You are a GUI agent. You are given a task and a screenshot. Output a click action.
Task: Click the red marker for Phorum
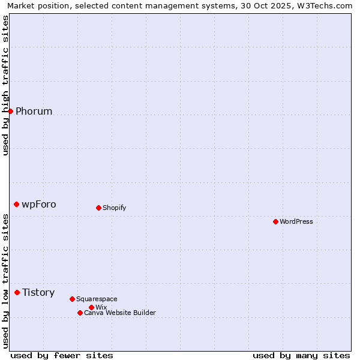point(10,111)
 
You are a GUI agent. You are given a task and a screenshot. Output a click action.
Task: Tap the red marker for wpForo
point(16,204)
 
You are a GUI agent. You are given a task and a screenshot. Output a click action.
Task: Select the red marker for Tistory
point(17,292)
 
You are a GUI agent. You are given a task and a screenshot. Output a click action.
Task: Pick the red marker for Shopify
point(98,208)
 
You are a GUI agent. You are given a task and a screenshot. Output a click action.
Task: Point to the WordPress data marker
point(275,221)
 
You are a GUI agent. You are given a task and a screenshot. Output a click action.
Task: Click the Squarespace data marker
point(72,299)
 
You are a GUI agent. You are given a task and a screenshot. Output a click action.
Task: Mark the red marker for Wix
point(91,307)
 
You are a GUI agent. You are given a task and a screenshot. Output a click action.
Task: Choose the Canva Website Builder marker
point(80,313)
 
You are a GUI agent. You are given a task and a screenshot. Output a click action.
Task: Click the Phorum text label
point(34,111)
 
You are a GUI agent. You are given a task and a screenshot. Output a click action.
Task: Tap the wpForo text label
point(39,204)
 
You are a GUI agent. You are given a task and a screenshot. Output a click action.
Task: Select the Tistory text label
point(38,292)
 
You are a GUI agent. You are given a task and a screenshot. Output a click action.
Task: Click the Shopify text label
point(114,208)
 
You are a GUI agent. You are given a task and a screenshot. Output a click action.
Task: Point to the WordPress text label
point(296,221)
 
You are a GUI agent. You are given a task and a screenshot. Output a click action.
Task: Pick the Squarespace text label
point(97,299)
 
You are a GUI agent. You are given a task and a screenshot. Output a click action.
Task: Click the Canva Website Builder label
point(119,313)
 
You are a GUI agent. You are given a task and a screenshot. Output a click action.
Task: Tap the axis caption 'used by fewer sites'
point(62,355)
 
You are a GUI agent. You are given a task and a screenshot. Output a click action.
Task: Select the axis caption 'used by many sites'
point(301,355)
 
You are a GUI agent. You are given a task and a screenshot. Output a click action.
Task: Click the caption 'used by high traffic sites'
point(5,85)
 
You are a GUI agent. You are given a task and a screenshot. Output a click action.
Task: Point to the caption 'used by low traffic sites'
point(5,281)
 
